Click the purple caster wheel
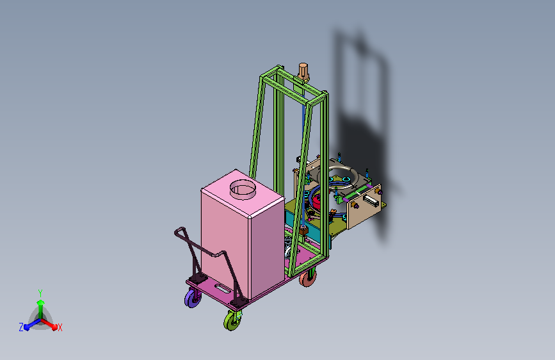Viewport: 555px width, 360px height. pyautogui.click(x=193, y=299)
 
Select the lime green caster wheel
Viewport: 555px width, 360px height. pyautogui.click(x=232, y=321)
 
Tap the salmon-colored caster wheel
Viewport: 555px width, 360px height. pyautogui.click(x=307, y=279)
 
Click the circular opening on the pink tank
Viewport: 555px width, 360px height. pyautogui.click(x=243, y=189)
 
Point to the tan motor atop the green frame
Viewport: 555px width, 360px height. pyautogui.click(x=303, y=72)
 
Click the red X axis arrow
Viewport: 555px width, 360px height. pyautogui.click(x=49, y=324)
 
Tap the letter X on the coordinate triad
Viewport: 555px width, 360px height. pyautogui.click(x=60, y=327)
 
